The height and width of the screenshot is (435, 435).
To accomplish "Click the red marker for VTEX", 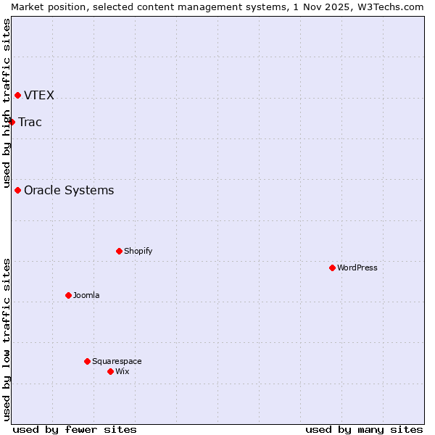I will (x=17, y=95).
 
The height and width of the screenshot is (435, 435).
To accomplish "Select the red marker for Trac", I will (x=12, y=122).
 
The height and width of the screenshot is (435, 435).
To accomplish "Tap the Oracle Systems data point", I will (x=17, y=190).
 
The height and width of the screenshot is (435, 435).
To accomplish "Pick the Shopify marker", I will (x=119, y=251).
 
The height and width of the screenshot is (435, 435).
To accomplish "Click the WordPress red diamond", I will (x=332, y=268).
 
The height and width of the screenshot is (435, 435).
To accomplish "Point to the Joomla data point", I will (x=68, y=295).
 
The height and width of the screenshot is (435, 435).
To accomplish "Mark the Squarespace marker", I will (x=87, y=361).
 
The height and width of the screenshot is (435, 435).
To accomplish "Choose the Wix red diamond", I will (x=110, y=371).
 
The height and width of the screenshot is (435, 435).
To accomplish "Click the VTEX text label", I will (x=39, y=95).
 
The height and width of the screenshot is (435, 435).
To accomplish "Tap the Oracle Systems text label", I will (x=69, y=190).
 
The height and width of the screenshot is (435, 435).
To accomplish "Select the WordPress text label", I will (x=357, y=268).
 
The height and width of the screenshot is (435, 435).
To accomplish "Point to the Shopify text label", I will (x=138, y=251).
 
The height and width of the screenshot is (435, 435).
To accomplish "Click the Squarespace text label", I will (x=117, y=361).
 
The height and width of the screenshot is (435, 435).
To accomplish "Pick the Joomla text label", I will (x=86, y=295).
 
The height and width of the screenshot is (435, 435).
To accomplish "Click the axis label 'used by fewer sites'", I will (x=75, y=429).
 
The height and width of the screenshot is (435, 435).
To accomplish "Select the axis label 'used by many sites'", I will (x=364, y=429).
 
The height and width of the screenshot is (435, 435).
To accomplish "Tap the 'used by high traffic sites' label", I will (x=7, y=104).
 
